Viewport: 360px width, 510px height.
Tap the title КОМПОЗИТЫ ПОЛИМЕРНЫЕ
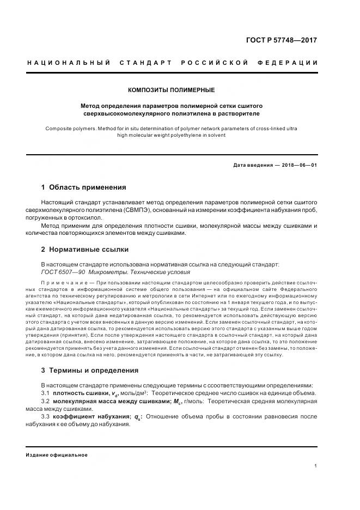click(172, 90)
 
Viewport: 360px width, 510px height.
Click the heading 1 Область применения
click(84, 187)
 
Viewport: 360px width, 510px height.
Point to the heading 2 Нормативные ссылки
click(85, 250)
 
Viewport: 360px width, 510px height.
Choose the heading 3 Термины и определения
click(90, 370)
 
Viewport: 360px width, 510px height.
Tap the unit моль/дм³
click(133, 393)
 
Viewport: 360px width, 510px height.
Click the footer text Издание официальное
click(57, 455)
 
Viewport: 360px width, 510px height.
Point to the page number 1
click(315, 466)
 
